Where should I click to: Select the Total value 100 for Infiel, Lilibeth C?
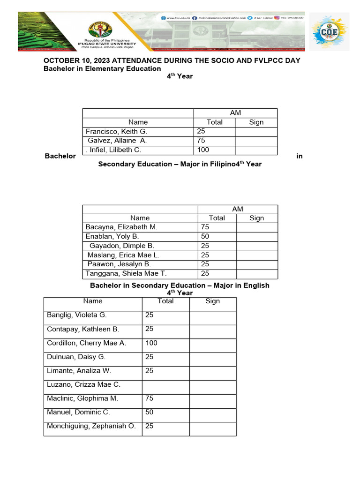tap(203, 150)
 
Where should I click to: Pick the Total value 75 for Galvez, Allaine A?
tap(202, 141)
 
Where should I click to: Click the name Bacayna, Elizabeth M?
tap(121, 227)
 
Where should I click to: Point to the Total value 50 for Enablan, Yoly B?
tap(205, 237)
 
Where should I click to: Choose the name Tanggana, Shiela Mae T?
tap(126, 274)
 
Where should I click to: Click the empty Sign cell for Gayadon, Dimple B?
tap(256, 246)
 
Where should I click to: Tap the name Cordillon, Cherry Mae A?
tap(87, 343)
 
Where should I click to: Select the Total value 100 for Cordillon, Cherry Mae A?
tap(151, 343)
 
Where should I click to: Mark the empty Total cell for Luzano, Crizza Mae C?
tap(165, 385)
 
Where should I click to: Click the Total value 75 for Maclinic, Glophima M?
tap(150, 398)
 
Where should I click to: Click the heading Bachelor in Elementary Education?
tap(102, 68)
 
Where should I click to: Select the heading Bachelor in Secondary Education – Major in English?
tap(180, 285)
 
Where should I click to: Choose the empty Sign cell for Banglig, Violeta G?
tap(212, 315)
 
